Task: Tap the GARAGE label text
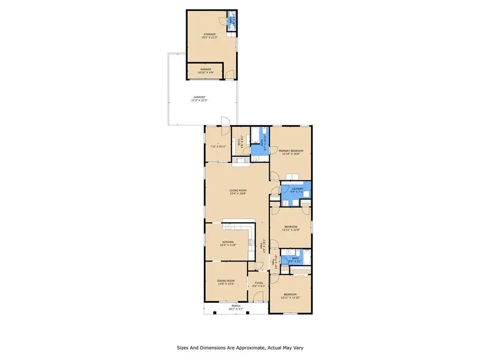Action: click(206, 69)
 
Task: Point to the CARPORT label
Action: click(199, 97)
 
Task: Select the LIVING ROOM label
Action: click(237, 190)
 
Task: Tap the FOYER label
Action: click(259, 283)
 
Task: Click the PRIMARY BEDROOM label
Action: click(291, 151)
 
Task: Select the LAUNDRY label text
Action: click(297, 188)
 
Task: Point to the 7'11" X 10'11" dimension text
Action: click(218, 146)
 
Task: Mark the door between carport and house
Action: click(225, 123)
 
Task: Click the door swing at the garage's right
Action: click(229, 74)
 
